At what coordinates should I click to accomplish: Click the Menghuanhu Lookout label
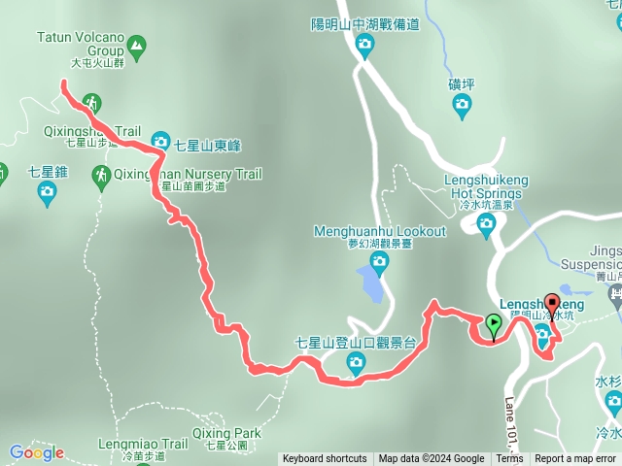click(x=379, y=231)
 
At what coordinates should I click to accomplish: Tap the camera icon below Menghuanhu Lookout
click(x=378, y=261)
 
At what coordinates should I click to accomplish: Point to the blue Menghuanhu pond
click(x=370, y=283)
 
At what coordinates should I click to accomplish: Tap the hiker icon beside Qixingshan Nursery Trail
click(x=101, y=176)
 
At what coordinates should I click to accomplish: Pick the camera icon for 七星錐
click(x=47, y=192)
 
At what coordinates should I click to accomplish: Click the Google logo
click(x=36, y=452)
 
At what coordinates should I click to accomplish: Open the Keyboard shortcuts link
click(x=325, y=459)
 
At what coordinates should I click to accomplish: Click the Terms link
click(x=509, y=459)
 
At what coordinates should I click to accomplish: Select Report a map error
click(x=575, y=459)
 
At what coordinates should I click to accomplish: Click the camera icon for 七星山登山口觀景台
click(x=356, y=364)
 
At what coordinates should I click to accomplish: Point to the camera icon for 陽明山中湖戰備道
click(x=364, y=44)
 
